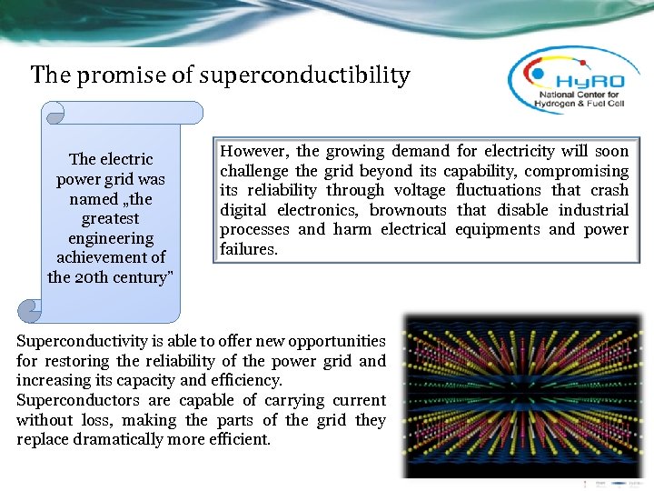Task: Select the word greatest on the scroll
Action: [x=111, y=218]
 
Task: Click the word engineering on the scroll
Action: [x=111, y=238]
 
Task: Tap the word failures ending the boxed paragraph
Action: [x=248, y=250]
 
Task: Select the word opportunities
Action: [x=336, y=341]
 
